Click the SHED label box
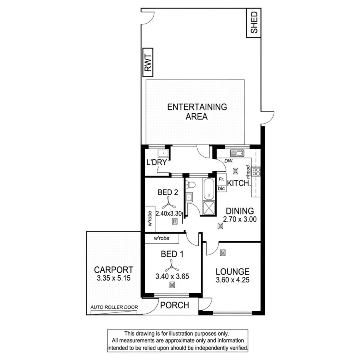click(254, 24)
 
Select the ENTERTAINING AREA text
click(197, 112)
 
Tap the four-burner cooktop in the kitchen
click(257, 172)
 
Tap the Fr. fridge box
click(221, 180)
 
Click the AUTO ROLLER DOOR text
click(114, 308)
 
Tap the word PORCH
click(174, 306)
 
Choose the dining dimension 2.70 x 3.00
click(240, 219)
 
